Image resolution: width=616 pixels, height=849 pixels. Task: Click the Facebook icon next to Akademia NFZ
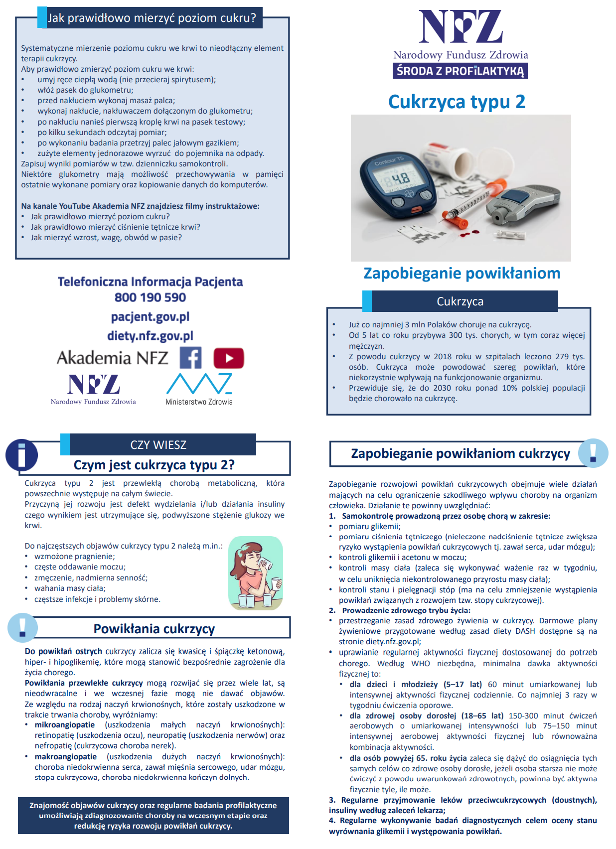click(190, 358)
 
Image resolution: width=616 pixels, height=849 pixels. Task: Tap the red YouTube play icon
click(229, 358)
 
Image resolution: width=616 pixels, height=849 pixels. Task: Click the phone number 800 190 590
click(150, 297)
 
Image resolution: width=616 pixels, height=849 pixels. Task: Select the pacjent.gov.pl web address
click(150, 317)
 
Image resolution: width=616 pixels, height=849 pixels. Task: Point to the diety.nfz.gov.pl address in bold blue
click(150, 336)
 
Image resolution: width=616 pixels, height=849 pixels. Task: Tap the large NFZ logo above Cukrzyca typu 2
click(460, 27)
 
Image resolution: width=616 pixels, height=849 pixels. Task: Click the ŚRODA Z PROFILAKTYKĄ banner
click(460, 71)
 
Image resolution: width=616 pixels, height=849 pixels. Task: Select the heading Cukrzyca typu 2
click(457, 102)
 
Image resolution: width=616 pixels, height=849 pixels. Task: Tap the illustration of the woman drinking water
click(255, 573)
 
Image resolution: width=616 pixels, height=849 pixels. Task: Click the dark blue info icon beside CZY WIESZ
click(21, 455)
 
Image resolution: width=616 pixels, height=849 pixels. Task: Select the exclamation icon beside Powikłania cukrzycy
click(22, 627)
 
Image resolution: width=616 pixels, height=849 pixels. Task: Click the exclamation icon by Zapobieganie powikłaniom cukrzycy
click(593, 452)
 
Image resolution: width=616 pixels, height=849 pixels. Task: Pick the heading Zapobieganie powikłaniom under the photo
click(462, 274)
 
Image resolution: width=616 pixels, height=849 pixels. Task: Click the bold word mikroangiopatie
click(65, 725)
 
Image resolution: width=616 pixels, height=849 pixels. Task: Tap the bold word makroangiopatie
click(66, 757)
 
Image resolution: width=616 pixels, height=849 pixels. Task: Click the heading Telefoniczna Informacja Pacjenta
click(150, 282)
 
